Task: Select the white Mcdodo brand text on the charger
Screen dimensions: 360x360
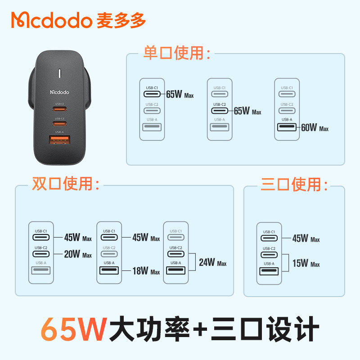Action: pyautogui.click(x=60, y=91)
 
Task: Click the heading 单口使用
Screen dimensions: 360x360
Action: pyautogui.click(x=177, y=53)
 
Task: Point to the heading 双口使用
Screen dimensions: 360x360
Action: pyautogui.click(x=66, y=184)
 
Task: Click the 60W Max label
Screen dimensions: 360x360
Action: pyautogui.click(x=315, y=128)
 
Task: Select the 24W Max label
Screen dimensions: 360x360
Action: pyautogui.click(x=213, y=262)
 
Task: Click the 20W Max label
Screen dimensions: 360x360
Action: pyautogui.click(x=78, y=254)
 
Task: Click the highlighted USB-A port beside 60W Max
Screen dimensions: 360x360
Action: pyautogui.click(x=287, y=127)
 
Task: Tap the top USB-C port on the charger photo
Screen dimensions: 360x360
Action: pyautogui.click(x=59, y=109)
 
